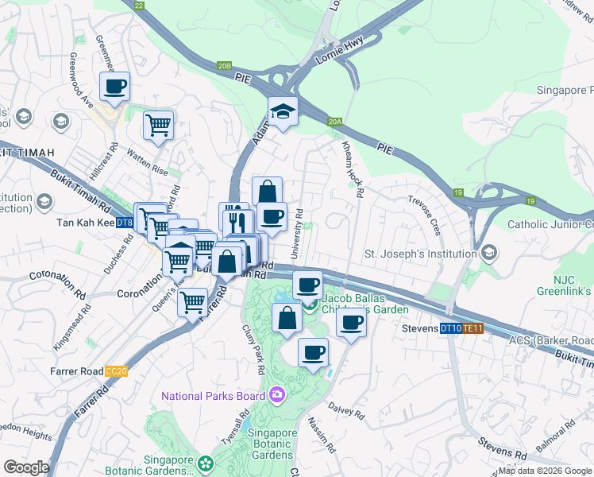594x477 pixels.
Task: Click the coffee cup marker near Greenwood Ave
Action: pyautogui.click(x=114, y=86)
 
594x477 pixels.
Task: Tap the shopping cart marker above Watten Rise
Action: pyautogui.click(x=158, y=124)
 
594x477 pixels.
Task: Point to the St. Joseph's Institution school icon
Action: pyautogui.click(x=490, y=254)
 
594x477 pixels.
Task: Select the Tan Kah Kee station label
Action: pyautogui.click(x=85, y=223)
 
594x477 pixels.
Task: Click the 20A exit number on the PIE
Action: pyautogui.click(x=335, y=122)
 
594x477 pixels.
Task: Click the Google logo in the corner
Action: pyautogui.click(x=26, y=467)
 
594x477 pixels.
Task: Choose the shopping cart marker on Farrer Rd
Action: pyautogui.click(x=192, y=301)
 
